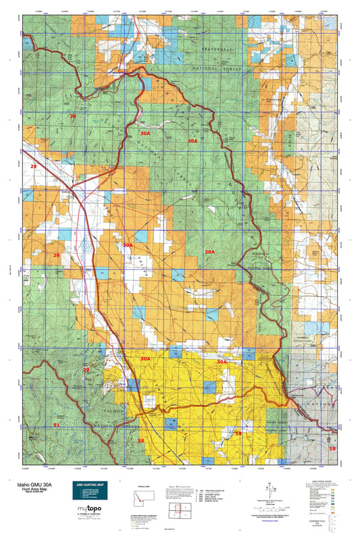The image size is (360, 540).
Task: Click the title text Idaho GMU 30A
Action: [x=30, y=483]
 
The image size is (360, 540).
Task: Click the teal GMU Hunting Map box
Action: [x=93, y=491]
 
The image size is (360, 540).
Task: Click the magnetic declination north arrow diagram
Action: [x=271, y=487]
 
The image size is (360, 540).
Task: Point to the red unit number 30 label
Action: [x=72, y=117]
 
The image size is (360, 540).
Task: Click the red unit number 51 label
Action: [x=57, y=425]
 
